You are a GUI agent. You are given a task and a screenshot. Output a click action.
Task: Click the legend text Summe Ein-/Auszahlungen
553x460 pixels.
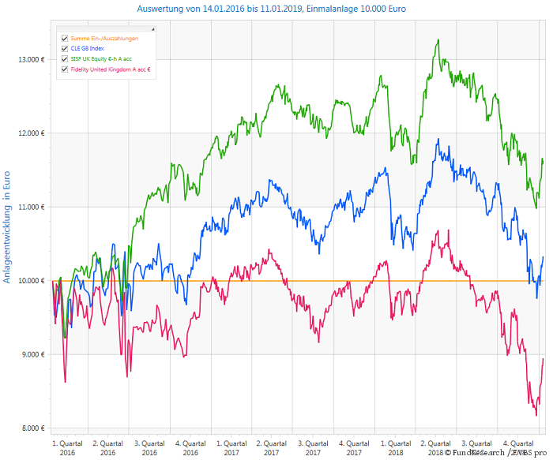[104, 38]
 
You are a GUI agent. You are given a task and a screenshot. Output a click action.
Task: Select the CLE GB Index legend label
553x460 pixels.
[87, 48]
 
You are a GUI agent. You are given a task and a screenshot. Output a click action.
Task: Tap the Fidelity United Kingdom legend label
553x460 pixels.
[111, 69]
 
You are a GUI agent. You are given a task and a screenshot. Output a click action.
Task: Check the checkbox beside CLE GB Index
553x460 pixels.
[64, 48]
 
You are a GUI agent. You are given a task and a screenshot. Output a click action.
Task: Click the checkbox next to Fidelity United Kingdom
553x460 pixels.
[64, 69]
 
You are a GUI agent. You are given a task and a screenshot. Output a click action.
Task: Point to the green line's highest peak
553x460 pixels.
[438, 40]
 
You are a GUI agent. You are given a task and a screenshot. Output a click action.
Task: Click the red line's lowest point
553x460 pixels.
[536, 415]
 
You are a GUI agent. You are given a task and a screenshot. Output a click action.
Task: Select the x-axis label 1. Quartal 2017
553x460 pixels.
[231, 447]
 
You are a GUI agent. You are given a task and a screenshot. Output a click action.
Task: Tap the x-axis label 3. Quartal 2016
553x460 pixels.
[149, 447]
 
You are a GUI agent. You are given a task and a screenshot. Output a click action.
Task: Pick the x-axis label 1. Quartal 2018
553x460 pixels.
[395, 447]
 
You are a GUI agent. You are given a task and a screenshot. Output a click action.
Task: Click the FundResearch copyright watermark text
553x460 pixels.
[495, 453]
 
